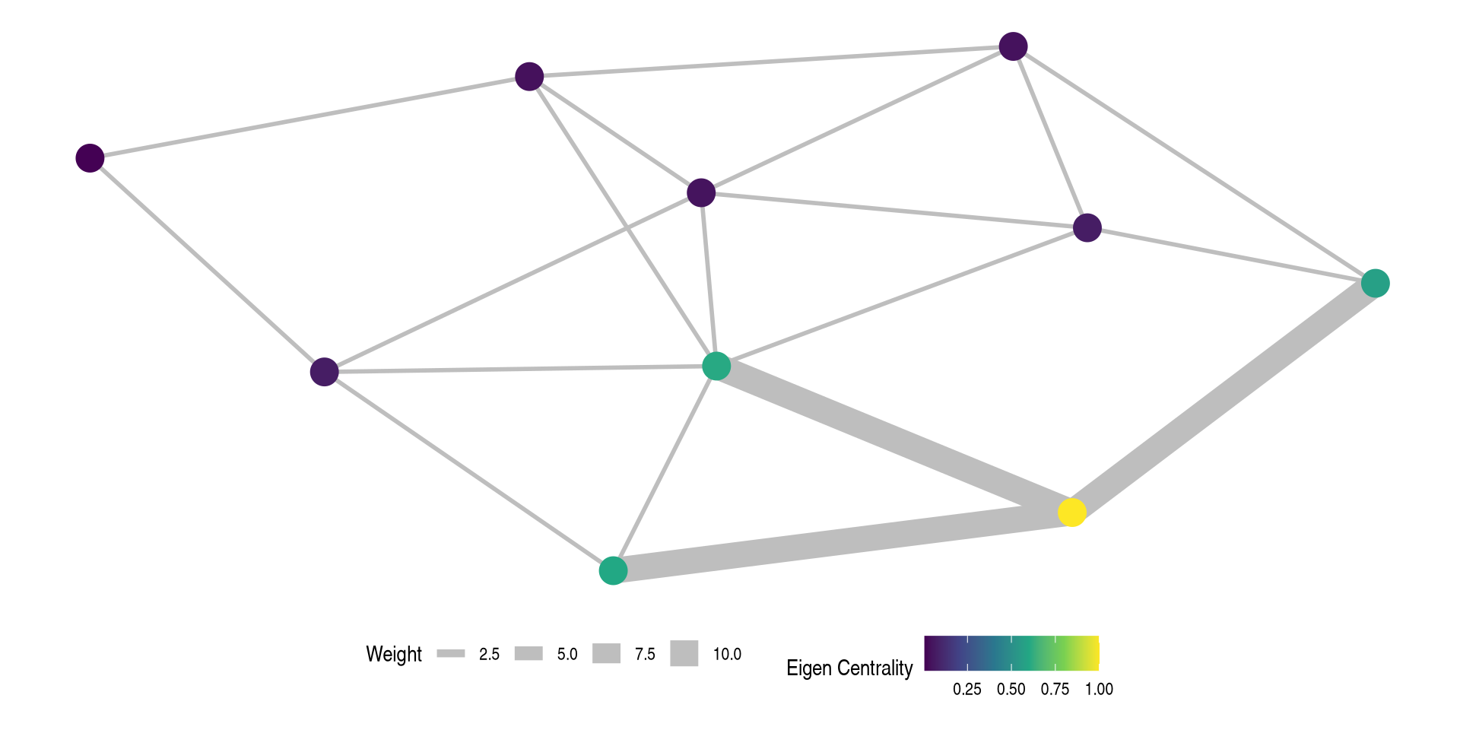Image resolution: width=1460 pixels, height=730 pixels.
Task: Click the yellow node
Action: point(1071,513)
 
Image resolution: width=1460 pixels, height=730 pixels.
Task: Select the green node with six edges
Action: point(716,366)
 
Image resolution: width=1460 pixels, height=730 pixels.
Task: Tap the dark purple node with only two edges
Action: point(90,158)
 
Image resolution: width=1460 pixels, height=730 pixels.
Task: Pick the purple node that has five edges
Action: point(701,192)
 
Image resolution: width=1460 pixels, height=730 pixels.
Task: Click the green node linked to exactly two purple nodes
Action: point(1375,283)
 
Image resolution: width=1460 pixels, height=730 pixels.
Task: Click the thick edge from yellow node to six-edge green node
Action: point(893,439)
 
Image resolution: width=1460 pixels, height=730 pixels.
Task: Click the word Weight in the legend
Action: point(393,654)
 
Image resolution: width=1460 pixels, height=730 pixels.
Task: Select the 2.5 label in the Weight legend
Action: point(489,654)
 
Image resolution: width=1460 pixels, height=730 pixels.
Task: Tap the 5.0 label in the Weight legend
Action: point(567,654)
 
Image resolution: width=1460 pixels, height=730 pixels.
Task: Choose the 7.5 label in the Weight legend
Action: point(645,654)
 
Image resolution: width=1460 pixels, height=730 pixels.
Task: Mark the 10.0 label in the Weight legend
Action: point(727,654)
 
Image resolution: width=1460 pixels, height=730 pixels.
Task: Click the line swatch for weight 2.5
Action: point(451,653)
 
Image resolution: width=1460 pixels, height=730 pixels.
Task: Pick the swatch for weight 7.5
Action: point(606,653)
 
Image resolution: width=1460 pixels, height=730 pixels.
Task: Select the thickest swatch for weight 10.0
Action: point(684,653)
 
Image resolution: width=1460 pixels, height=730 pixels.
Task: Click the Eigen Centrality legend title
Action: point(849,668)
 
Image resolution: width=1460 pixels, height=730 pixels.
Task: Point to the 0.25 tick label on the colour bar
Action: point(967,689)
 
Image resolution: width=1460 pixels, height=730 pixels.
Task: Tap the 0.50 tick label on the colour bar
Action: point(1011,689)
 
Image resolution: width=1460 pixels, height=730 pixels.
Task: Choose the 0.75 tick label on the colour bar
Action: point(1055,689)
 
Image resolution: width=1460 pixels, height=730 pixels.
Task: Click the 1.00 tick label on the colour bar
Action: point(1099,689)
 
